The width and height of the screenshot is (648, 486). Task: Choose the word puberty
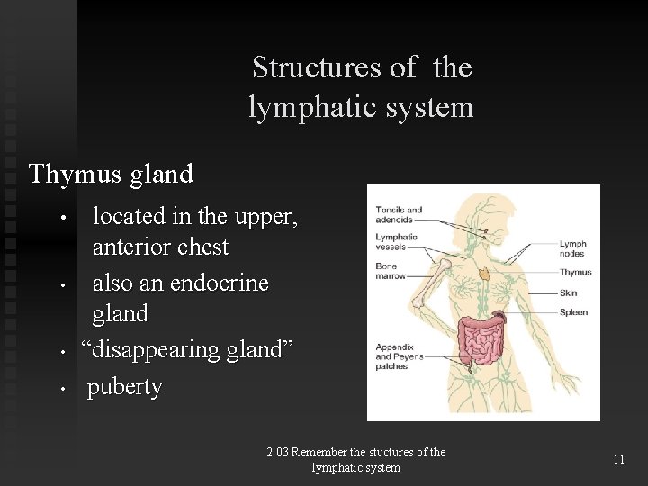pyautogui.click(x=124, y=387)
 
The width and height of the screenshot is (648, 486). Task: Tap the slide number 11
pyautogui.click(x=618, y=459)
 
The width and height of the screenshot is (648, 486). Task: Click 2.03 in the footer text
pyautogui.click(x=279, y=453)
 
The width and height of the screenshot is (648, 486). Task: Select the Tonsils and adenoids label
pyautogui.click(x=399, y=214)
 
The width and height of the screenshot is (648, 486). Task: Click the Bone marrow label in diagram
pyautogui.click(x=391, y=271)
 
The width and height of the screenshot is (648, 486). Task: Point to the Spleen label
pyautogui.click(x=573, y=312)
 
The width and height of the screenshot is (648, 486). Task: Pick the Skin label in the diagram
pyautogui.click(x=568, y=292)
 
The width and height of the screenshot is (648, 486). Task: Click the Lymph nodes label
pyautogui.click(x=572, y=248)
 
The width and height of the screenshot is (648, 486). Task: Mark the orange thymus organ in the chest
pyautogui.click(x=484, y=273)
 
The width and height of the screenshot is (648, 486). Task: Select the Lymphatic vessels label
pyautogui.click(x=396, y=241)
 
